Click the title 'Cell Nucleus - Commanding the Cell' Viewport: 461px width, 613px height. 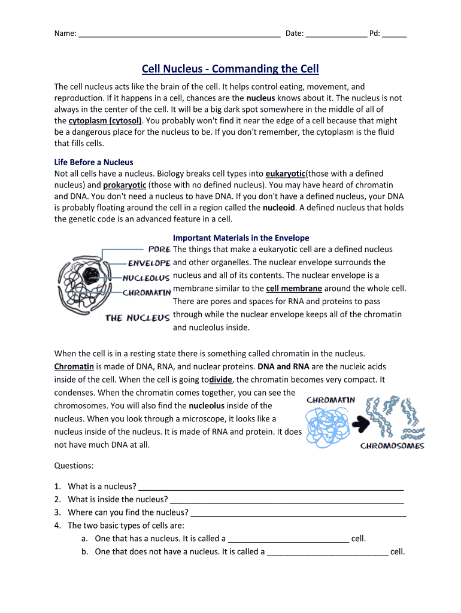click(230, 69)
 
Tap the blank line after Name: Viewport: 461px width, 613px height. click(179, 34)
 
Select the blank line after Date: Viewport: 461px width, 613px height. click(336, 34)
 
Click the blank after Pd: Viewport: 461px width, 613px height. click(394, 34)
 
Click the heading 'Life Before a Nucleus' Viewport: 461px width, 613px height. click(93, 162)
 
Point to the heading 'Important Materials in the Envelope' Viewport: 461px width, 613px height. click(241, 238)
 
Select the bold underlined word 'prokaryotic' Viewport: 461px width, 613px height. click(125, 185)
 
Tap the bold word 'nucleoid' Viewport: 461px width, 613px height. click(279, 208)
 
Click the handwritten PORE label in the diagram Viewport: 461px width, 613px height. click(159, 249)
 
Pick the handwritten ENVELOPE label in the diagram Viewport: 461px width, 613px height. click(149, 263)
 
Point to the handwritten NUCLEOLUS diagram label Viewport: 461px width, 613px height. click(146, 278)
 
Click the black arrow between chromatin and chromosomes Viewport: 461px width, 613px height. click(361, 424)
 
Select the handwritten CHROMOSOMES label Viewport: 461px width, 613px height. click(392, 445)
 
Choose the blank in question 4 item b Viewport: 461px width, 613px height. click(327, 553)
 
